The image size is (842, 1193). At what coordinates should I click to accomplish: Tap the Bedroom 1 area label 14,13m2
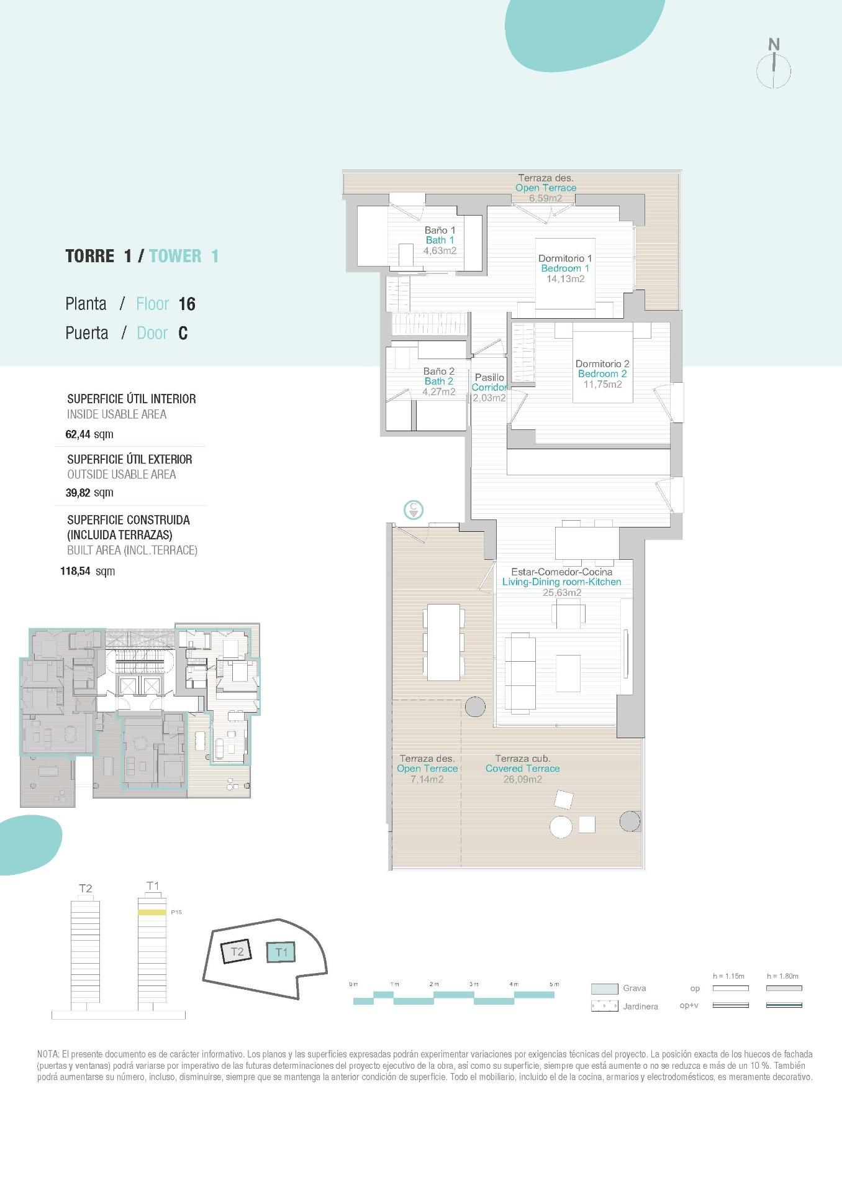coord(565,279)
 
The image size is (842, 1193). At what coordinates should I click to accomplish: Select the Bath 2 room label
coord(438,381)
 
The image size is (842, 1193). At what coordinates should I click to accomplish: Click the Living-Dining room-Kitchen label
coord(561,582)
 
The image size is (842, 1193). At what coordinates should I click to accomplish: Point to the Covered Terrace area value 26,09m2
coord(522,779)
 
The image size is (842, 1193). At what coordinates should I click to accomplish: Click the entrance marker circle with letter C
coord(414,510)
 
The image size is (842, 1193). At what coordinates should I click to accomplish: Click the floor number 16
coord(186,304)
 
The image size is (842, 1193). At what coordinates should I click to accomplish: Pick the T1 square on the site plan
coord(281,952)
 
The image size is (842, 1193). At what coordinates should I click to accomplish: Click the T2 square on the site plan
coord(236,951)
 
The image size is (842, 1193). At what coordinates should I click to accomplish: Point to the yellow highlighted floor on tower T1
coord(152,912)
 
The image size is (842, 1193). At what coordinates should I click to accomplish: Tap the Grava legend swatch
coord(604,989)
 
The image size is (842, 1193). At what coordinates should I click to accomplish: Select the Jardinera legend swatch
coord(604,1006)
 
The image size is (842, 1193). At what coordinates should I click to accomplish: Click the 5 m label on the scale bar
coord(555,984)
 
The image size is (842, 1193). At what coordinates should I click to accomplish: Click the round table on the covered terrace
coord(561,826)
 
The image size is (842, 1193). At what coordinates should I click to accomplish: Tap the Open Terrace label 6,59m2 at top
coord(545,198)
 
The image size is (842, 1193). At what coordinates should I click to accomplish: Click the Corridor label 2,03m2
coord(489,398)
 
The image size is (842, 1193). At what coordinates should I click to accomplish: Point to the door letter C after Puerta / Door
coord(183,334)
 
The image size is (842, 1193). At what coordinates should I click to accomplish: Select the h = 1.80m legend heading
coord(782,976)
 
